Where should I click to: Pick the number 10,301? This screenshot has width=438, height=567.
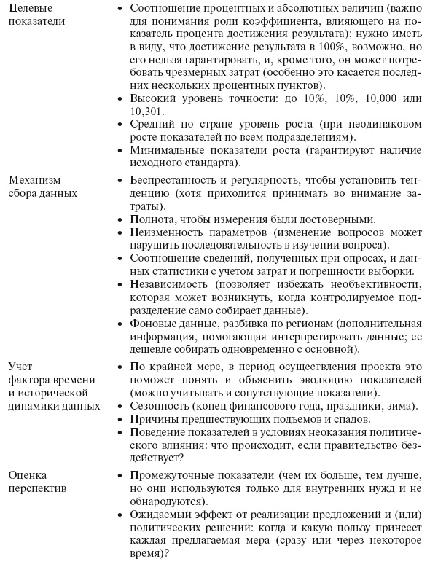tap(147, 112)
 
